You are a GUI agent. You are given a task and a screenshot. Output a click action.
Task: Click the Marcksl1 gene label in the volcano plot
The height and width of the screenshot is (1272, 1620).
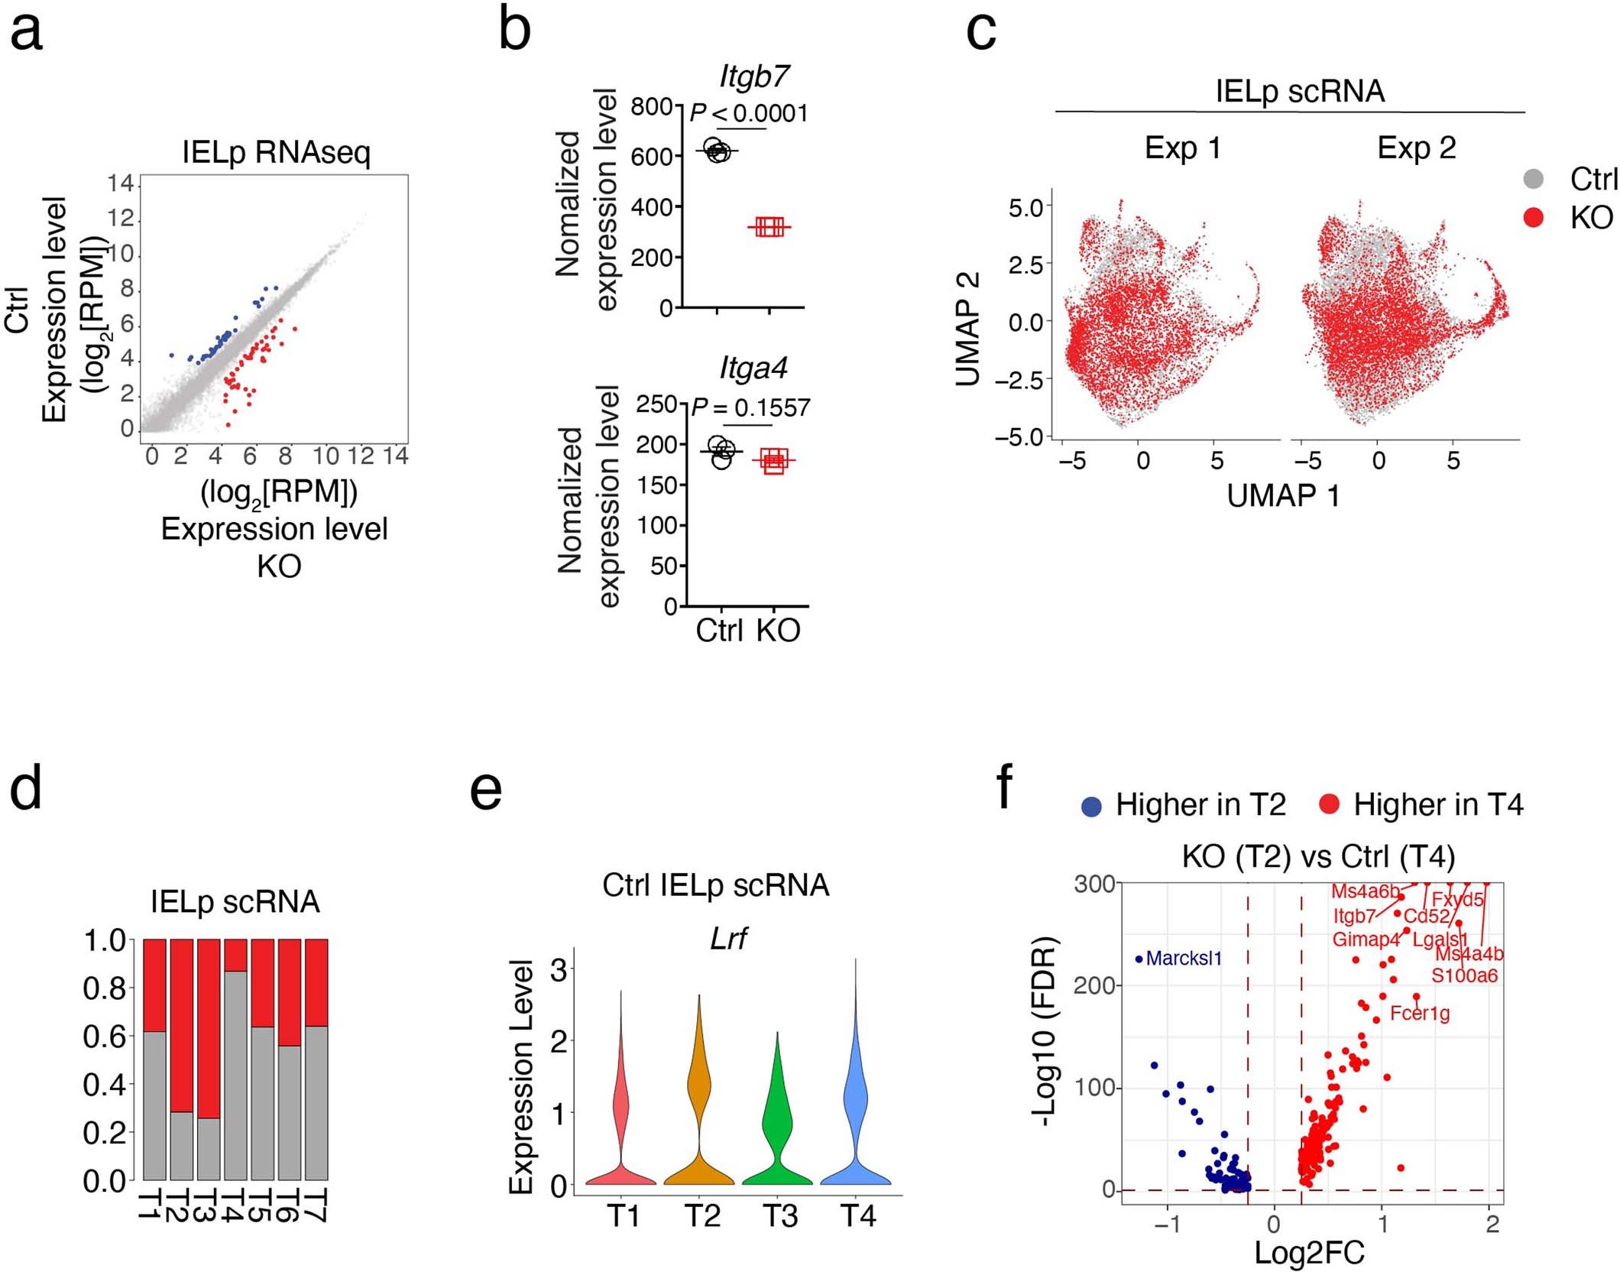[x=1184, y=958]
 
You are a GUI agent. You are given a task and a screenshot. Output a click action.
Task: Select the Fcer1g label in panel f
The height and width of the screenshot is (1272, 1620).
[x=1420, y=1014]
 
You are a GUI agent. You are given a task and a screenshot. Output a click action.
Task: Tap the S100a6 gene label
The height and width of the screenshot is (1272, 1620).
[x=1464, y=975]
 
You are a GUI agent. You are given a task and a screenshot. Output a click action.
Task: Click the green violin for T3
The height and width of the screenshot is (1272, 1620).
[x=777, y=1124]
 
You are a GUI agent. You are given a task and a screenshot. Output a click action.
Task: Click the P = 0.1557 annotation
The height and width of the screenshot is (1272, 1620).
[x=750, y=408]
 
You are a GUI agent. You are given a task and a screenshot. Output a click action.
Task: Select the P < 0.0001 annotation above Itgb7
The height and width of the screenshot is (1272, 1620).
[x=749, y=113]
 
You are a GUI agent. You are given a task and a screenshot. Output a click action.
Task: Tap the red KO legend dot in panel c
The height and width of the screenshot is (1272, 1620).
[x=1533, y=218]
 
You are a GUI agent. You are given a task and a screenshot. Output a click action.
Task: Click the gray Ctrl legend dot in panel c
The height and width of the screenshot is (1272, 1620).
[x=1533, y=179]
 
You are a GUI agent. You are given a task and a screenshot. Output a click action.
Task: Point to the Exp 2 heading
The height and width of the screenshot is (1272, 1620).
[x=1416, y=148]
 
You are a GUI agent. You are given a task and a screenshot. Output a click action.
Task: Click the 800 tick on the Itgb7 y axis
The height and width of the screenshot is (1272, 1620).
[x=651, y=105]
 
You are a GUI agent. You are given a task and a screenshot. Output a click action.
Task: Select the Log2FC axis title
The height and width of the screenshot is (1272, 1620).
[x=1309, y=1252]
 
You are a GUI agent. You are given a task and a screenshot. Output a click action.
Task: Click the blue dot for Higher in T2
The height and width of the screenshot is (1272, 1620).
[x=1092, y=806]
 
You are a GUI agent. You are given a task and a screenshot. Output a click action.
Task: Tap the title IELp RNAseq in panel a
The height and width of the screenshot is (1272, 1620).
[x=276, y=152]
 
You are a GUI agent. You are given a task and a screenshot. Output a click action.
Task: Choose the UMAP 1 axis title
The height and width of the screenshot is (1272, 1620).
[x=1283, y=496]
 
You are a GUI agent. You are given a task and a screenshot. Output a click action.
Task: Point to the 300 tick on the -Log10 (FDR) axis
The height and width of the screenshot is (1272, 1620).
[x=1094, y=884]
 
